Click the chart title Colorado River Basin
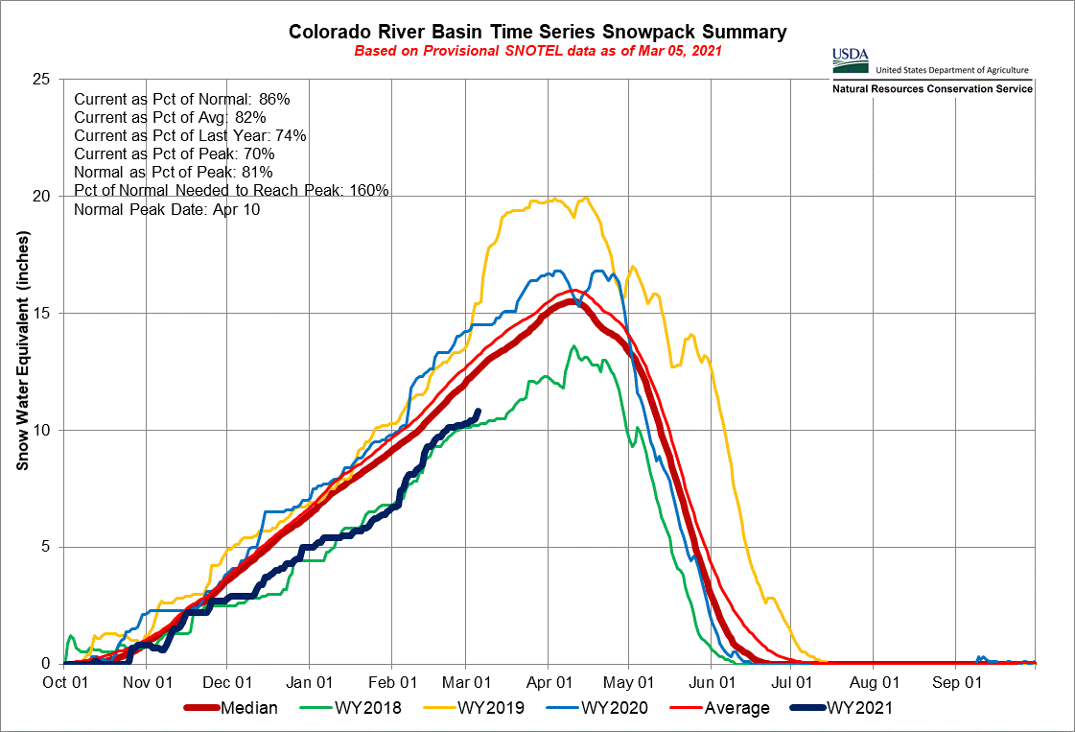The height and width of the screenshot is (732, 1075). (537, 32)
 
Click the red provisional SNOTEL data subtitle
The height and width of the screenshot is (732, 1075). (537, 50)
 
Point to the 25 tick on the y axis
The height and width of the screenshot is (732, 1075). (41, 79)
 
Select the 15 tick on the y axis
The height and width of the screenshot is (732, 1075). (41, 313)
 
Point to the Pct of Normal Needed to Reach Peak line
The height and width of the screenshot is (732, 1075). (230, 190)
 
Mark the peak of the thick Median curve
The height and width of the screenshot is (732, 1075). (571, 302)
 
